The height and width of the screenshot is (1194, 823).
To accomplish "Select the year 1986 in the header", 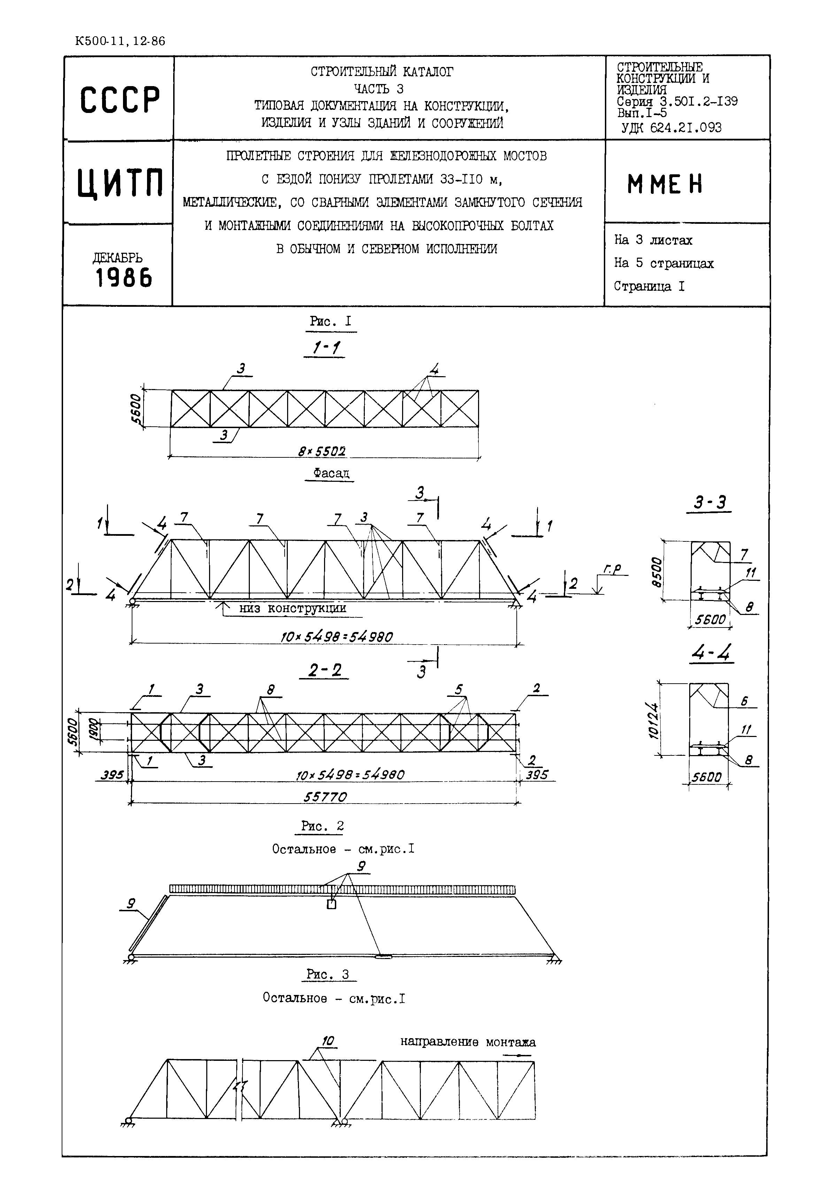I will (124, 279).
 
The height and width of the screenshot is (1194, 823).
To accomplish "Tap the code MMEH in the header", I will (665, 184).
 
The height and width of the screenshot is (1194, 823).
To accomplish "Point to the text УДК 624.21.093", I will (671, 128).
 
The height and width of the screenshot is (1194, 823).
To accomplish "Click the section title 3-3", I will (709, 502).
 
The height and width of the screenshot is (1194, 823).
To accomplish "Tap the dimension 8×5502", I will (322, 451).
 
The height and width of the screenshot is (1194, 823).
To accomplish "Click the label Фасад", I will (331, 473).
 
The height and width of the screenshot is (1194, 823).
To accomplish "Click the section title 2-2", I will (325, 670).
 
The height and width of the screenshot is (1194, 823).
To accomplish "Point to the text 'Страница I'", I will (649, 286).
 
